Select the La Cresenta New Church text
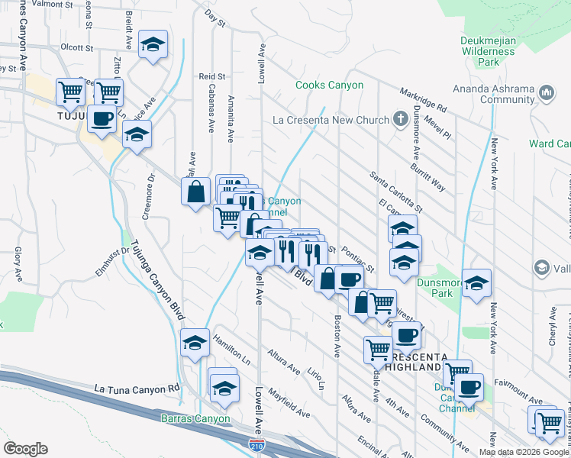coord(331,120)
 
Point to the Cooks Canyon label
coord(329,85)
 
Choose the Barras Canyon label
coord(195,418)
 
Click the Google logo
coord(25,449)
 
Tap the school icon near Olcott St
coord(153,45)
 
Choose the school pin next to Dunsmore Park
coord(476,284)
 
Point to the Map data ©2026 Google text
coord(523,451)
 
